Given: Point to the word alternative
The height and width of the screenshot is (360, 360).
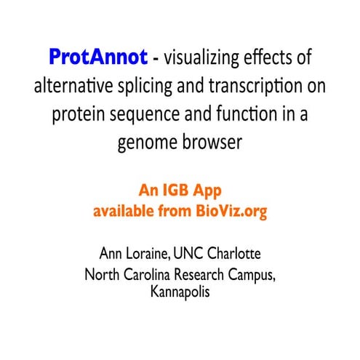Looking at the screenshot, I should click(73, 85).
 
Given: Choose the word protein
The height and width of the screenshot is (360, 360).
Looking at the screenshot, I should click(79, 113).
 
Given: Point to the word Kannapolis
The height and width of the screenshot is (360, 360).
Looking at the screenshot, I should click(180, 295).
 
